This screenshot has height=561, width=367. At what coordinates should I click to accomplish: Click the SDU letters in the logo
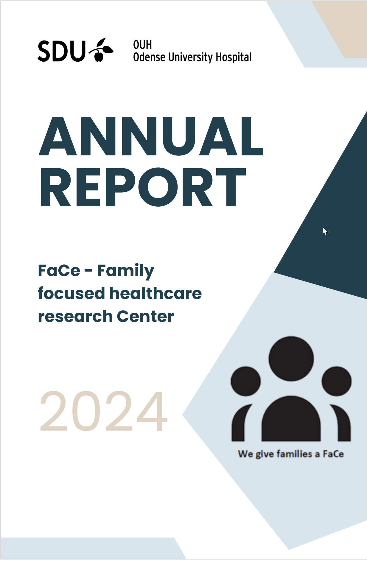click(x=62, y=51)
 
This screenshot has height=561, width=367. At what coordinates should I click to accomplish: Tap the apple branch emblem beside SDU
click(x=101, y=50)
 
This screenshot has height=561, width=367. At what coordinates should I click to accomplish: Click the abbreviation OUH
click(x=142, y=45)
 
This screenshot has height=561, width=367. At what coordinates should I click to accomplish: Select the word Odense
click(x=149, y=57)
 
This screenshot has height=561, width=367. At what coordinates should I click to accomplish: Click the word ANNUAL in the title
click(x=151, y=136)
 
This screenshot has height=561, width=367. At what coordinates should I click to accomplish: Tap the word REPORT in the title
click(x=143, y=187)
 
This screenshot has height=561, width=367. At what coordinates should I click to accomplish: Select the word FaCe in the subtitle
click(x=59, y=270)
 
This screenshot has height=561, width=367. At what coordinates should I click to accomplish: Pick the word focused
click(x=71, y=293)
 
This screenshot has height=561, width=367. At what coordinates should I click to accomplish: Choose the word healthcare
click(x=156, y=293)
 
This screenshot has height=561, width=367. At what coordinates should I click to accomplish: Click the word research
click(x=75, y=316)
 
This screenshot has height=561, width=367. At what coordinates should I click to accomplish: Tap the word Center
click(x=145, y=316)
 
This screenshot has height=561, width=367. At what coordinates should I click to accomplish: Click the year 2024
click(x=104, y=411)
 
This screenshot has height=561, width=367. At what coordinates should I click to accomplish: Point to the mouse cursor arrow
click(x=325, y=231)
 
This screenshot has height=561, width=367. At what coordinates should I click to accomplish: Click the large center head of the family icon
click(x=291, y=359)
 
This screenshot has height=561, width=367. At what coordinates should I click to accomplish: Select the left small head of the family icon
click(x=246, y=381)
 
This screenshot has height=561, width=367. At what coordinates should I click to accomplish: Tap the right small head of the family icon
click(x=337, y=381)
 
